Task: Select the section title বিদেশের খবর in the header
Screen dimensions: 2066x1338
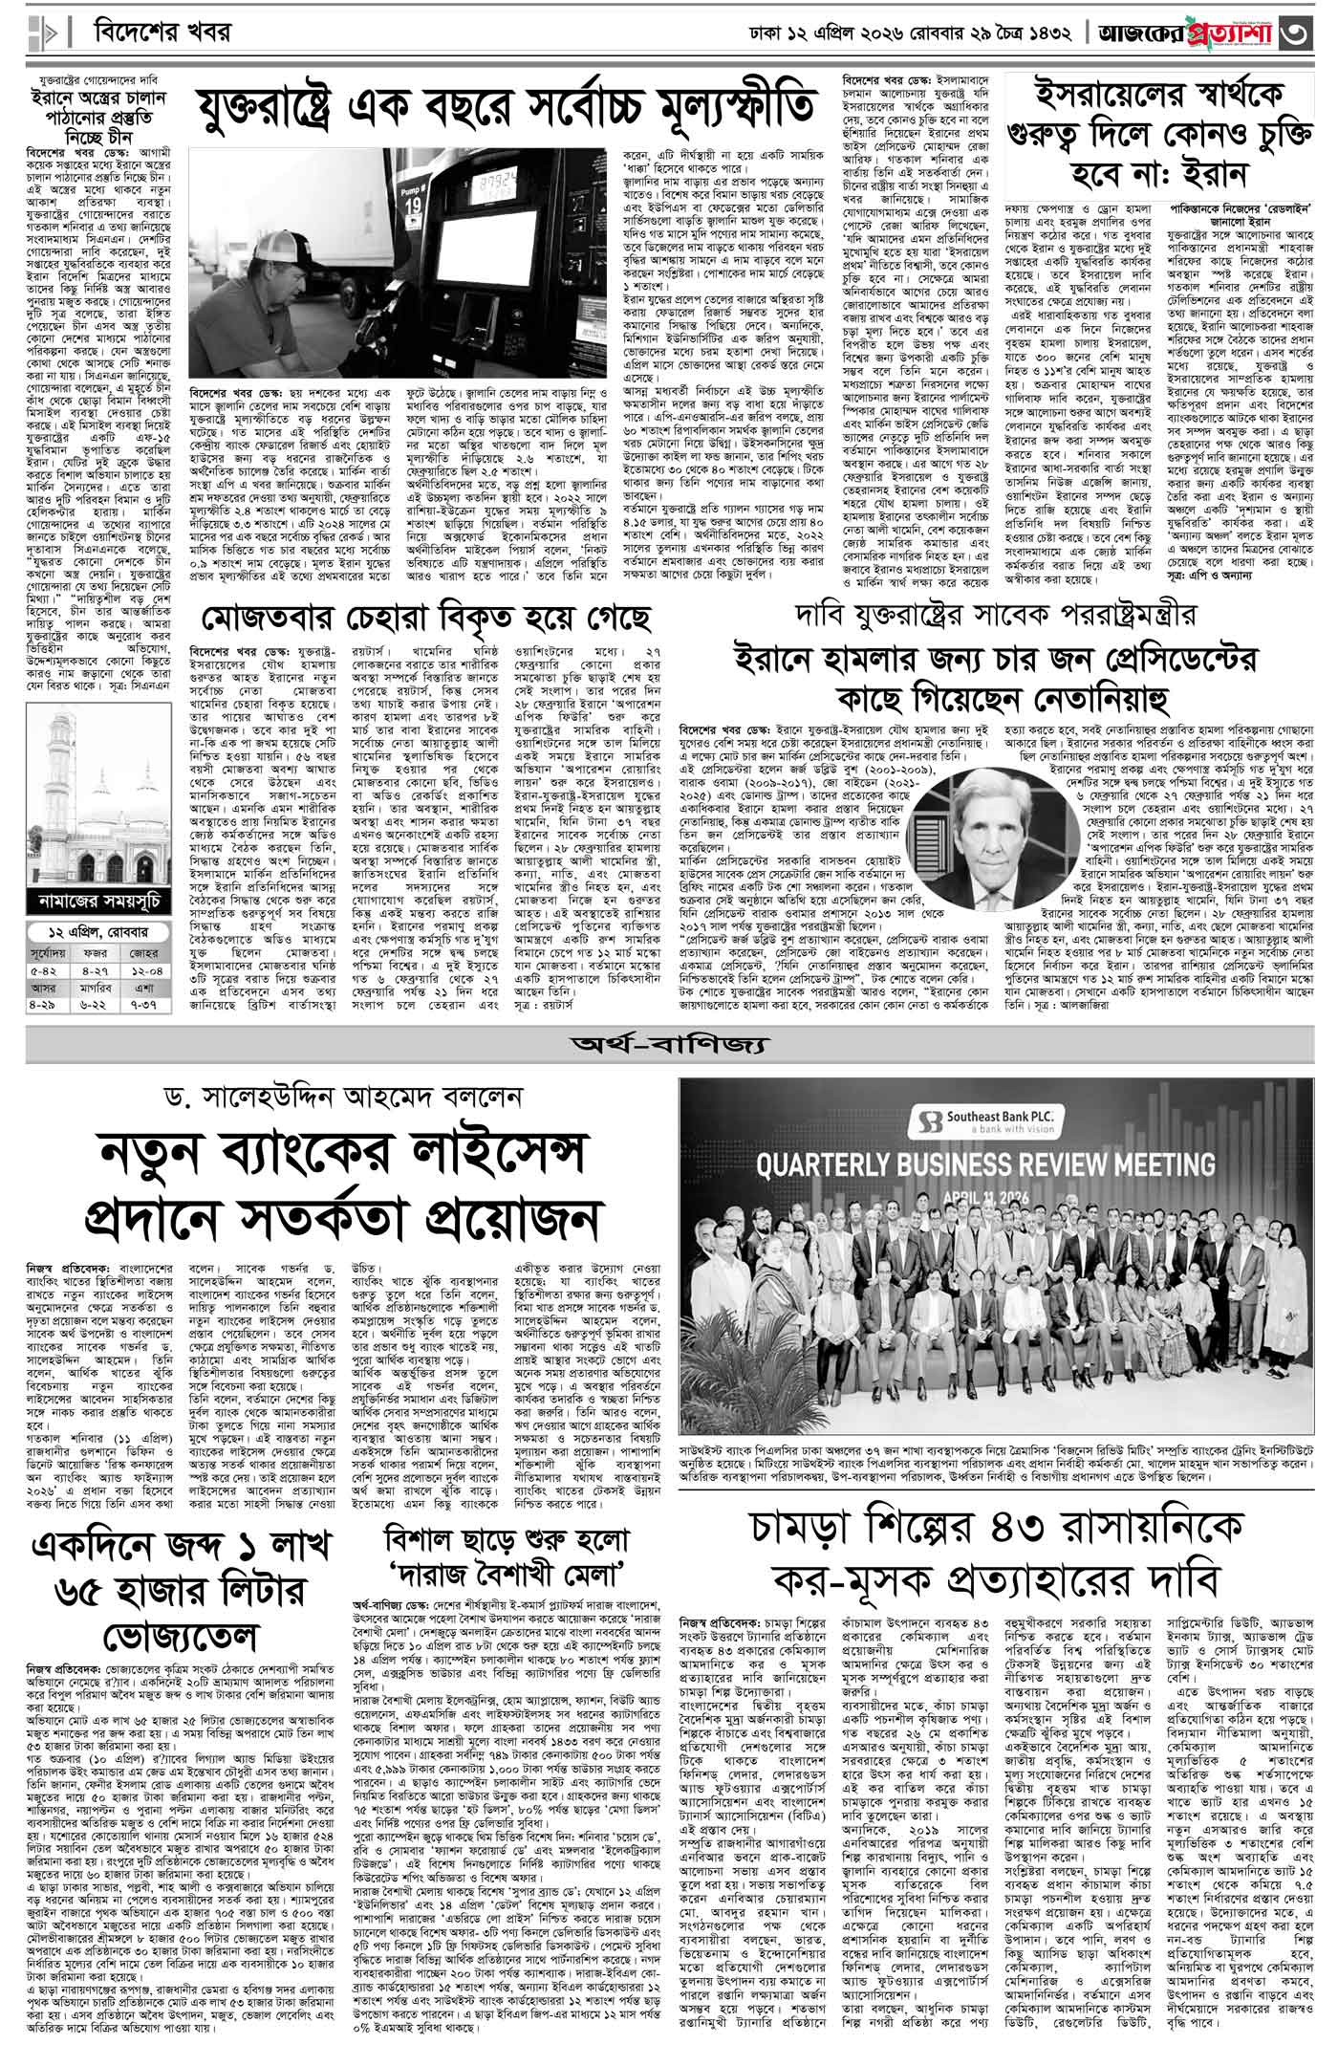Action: [x=163, y=32]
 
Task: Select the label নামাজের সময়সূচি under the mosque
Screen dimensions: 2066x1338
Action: [x=98, y=901]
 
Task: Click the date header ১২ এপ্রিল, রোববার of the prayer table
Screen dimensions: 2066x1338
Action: [x=98, y=933]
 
